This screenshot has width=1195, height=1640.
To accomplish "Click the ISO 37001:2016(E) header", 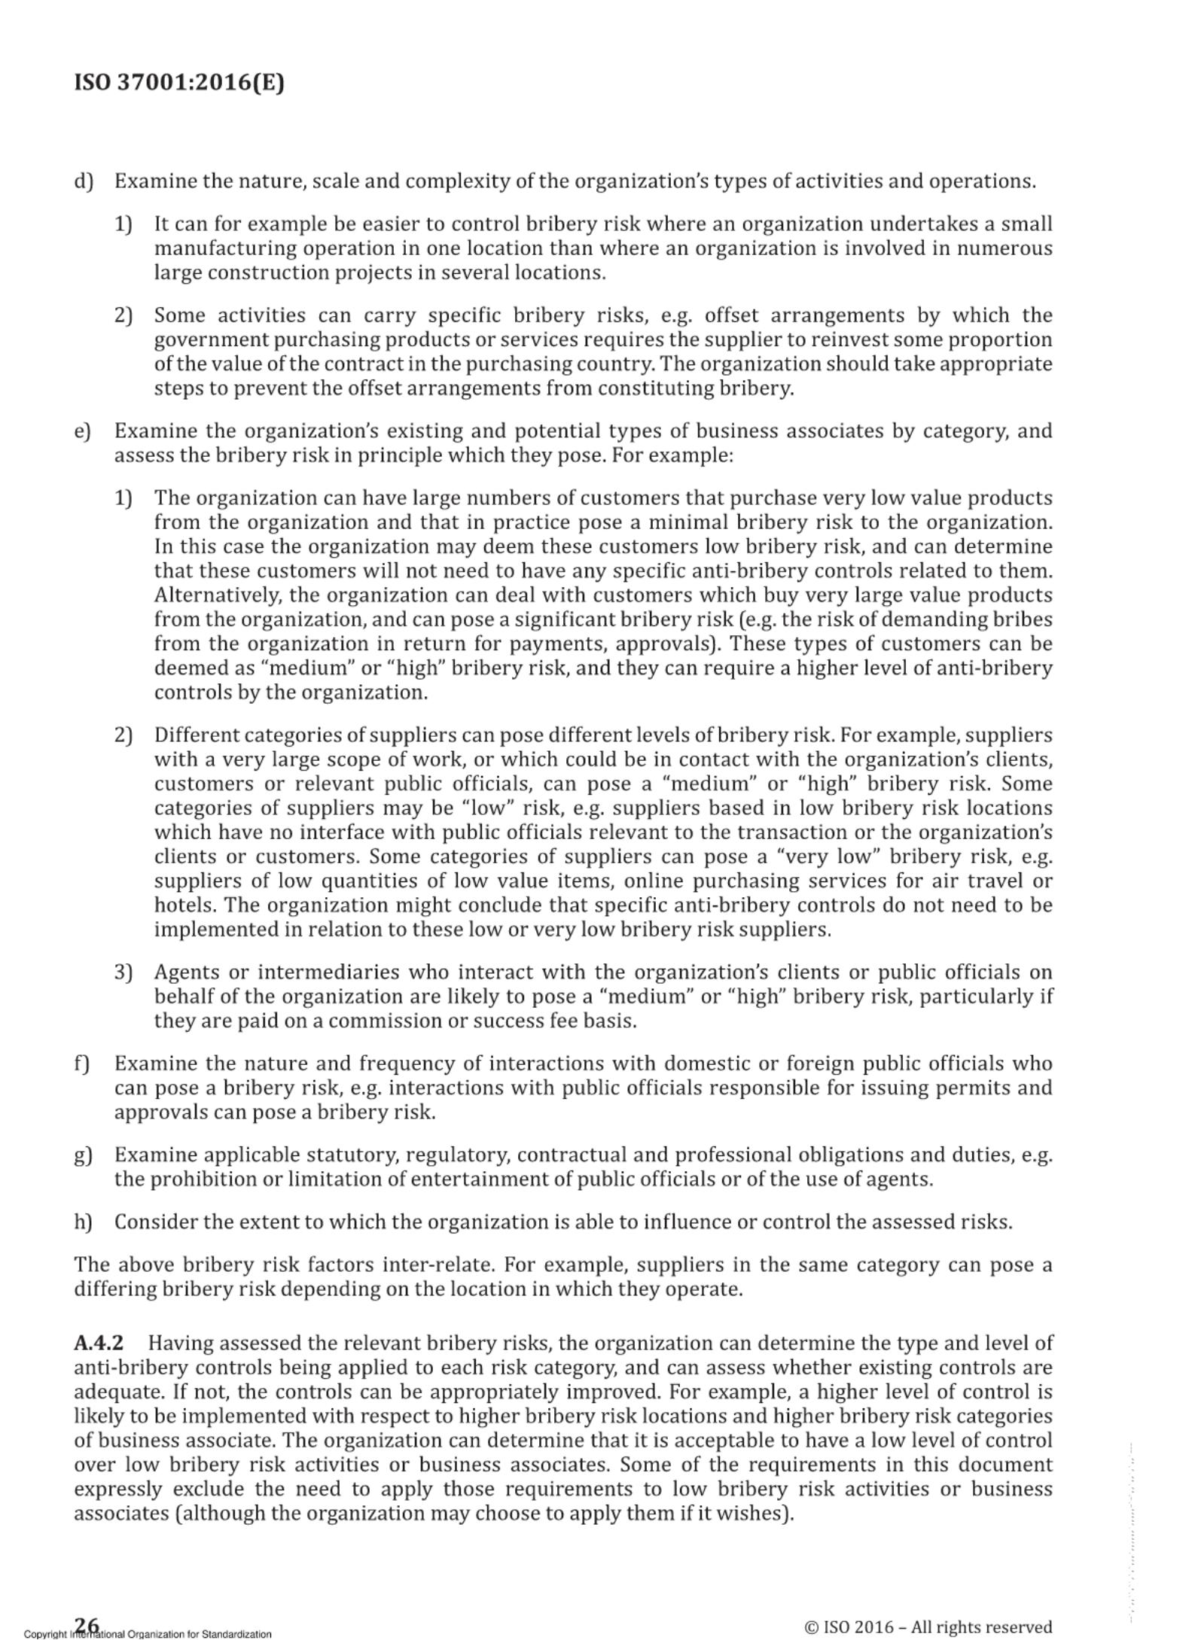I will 179,81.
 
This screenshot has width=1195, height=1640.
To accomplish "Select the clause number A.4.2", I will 99,1343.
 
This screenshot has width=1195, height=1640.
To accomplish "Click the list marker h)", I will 83,1222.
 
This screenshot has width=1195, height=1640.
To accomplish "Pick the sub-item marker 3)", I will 123,972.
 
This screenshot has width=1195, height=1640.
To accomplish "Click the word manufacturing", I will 212,248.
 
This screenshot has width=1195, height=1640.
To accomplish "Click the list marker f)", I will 82,1063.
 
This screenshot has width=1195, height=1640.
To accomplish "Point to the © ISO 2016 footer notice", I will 928,1627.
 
